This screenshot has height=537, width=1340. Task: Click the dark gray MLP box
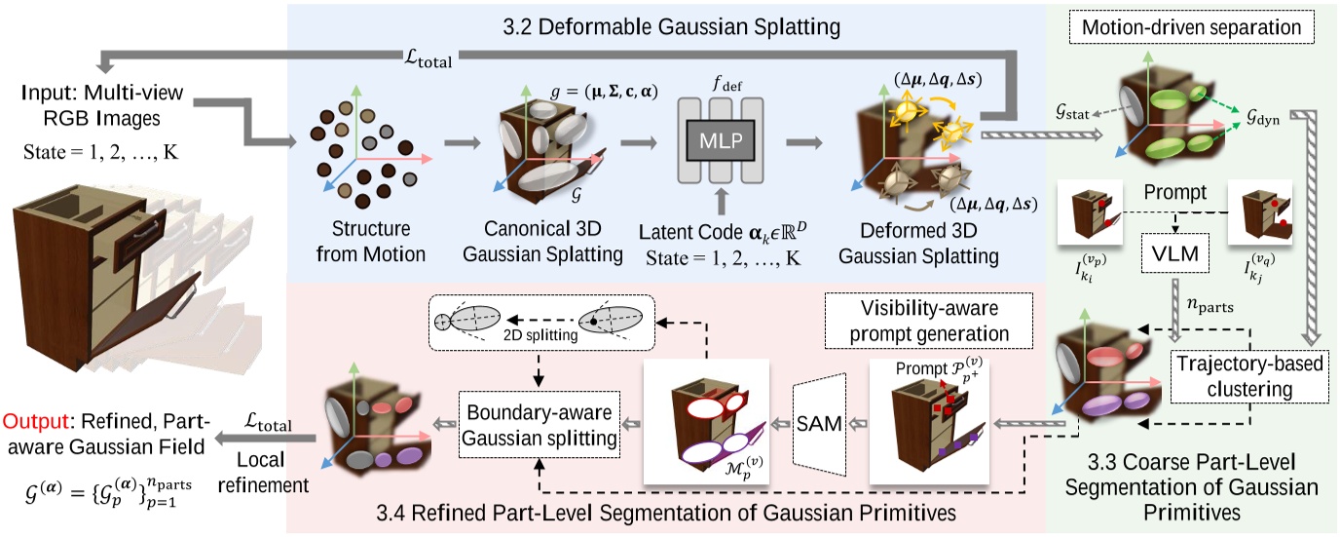coord(716,139)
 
